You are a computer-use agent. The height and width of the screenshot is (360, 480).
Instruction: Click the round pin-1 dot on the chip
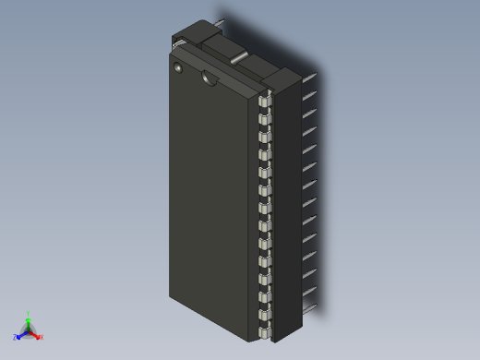178,67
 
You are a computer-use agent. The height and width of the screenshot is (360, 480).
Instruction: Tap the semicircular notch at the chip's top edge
210,78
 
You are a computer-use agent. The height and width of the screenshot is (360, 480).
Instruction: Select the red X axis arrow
35,335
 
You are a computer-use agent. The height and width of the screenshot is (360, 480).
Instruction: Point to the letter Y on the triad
28,314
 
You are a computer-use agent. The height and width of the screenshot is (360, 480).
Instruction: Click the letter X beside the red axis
42,337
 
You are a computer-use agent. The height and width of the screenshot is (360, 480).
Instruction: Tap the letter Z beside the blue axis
15,337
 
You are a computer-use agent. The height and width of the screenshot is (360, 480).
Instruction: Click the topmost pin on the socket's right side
310,78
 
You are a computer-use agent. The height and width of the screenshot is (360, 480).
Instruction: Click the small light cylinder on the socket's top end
238,59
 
